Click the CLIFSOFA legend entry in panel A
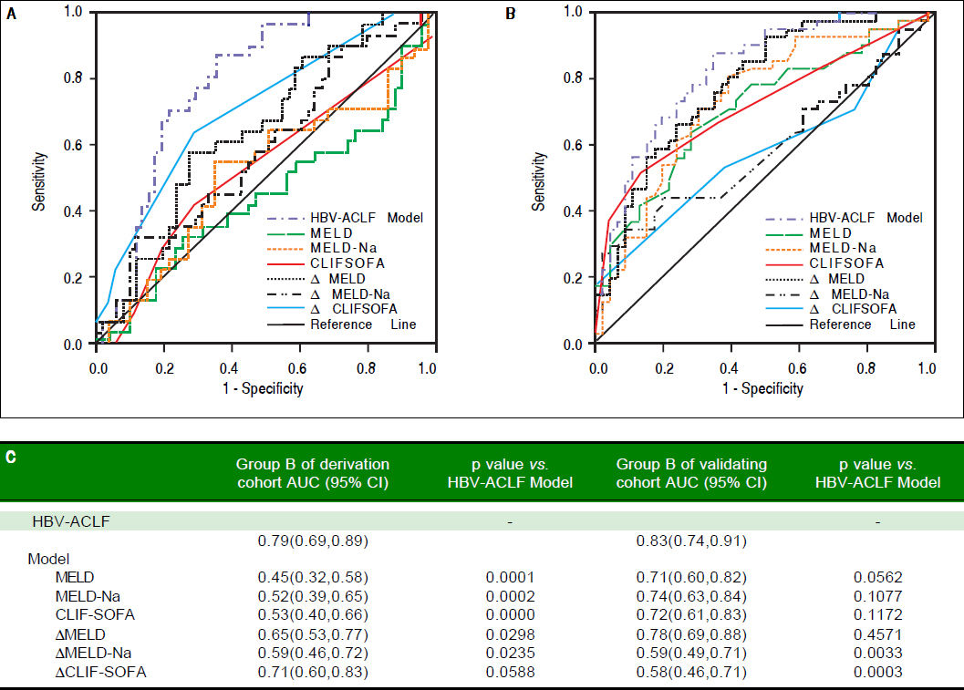(x=340, y=263)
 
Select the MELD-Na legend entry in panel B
(x=844, y=248)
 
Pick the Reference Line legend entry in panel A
(x=363, y=324)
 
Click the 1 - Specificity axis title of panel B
(x=762, y=389)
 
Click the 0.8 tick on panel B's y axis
(x=575, y=77)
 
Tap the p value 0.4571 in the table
(x=876, y=633)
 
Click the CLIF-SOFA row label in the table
(x=95, y=614)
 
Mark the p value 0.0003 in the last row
(x=876, y=673)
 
